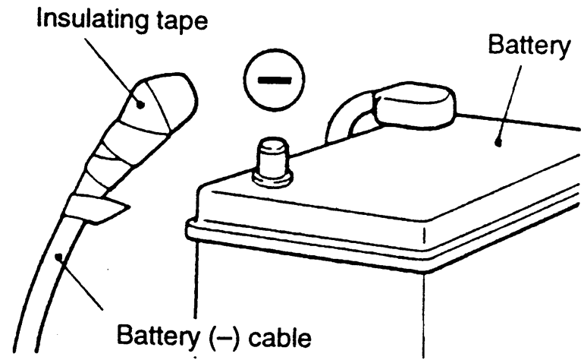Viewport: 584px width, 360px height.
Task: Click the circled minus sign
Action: (x=274, y=79)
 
